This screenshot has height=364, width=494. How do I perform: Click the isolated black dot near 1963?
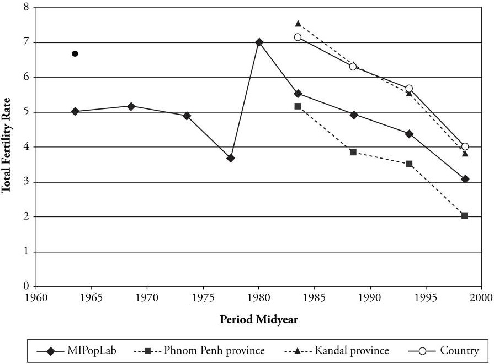pos(75,53)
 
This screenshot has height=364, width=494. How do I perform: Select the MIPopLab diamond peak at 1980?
pos(259,42)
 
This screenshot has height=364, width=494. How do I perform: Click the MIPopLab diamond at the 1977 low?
pos(231,158)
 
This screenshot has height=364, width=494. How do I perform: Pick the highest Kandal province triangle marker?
pos(298,24)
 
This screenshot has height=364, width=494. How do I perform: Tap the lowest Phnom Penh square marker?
pos(465,215)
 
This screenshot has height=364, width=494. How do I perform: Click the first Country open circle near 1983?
pos(298,37)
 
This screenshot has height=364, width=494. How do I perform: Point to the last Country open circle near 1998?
pos(465,146)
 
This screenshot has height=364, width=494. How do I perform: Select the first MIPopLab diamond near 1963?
pos(75,111)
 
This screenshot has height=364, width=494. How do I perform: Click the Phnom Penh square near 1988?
pos(353,152)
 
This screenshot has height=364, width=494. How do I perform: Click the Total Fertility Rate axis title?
pos(7,145)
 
